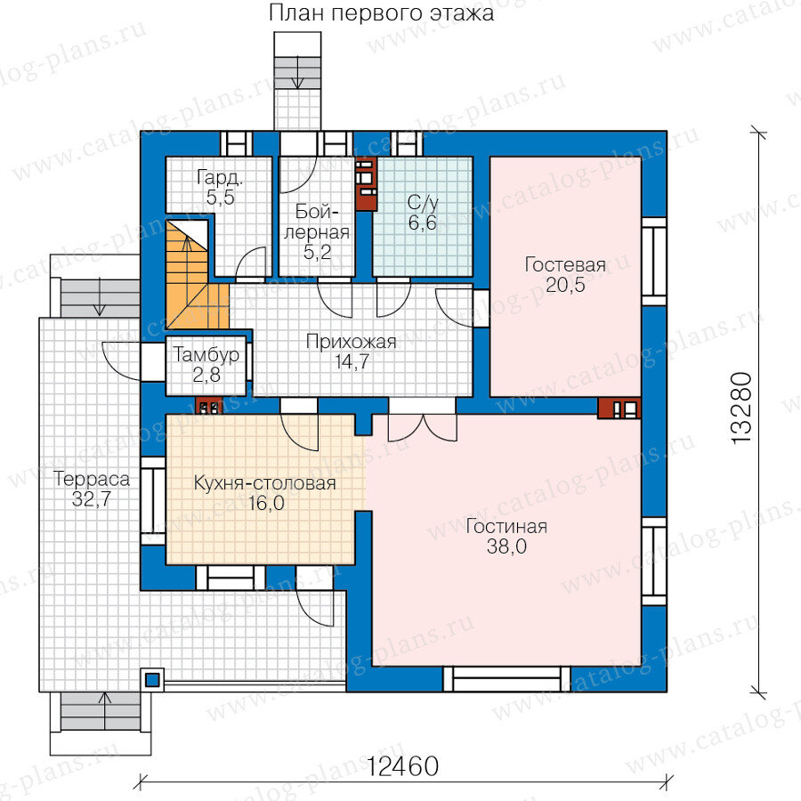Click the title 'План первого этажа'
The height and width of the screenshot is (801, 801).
click(381, 13)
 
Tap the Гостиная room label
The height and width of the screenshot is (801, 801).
click(506, 526)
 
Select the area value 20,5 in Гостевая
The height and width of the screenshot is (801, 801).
click(565, 285)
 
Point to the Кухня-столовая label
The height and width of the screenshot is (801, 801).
click(264, 482)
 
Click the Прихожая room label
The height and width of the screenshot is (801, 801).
click(351, 342)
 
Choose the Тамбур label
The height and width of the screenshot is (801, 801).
click(206, 354)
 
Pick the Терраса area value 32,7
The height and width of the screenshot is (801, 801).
click(92, 498)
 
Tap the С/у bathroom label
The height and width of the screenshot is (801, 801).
click(423, 203)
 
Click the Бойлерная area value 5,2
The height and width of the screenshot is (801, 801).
click(317, 252)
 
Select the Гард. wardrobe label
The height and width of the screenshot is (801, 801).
click(220, 178)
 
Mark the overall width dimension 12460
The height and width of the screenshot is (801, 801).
click(403, 766)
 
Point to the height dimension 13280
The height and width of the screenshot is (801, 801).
click(741, 408)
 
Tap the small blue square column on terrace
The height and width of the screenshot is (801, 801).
click(152, 680)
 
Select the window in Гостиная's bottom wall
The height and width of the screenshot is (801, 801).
click(506, 679)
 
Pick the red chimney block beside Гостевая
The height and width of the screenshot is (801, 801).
click(619, 409)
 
